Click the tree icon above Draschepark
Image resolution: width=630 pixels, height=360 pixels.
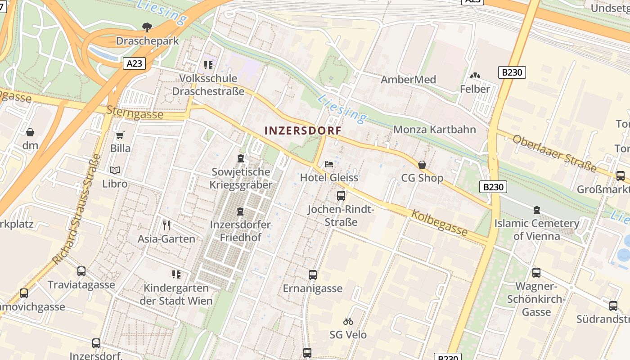point(147,27)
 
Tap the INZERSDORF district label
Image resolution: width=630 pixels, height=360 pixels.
point(303,130)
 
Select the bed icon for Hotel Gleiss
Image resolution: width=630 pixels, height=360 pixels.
point(329,164)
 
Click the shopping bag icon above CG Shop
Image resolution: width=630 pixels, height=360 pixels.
point(422,165)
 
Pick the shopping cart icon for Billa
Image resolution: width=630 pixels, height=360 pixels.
point(120,135)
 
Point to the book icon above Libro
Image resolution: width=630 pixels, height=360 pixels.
point(115,170)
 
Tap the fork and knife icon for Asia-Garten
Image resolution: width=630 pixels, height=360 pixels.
point(166,225)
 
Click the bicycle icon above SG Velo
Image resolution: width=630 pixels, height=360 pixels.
point(348,321)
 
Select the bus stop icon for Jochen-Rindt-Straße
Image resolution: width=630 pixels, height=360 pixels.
point(341,196)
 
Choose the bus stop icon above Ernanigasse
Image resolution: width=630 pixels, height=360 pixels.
point(313,274)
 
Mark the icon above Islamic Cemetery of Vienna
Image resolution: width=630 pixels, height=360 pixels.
point(536,210)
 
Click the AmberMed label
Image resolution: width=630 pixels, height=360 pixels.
point(408,80)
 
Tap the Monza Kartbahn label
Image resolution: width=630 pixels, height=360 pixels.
point(434,130)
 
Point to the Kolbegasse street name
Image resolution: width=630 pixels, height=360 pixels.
point(439,223)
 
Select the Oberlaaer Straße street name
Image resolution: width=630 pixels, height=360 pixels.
point(555,153)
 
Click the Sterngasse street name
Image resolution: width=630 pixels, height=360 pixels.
point(135,112)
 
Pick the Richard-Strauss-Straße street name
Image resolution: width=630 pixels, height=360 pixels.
point(76,209)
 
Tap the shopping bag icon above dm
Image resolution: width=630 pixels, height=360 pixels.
point(30,132)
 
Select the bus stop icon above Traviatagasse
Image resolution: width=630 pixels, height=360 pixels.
point(81,271)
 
